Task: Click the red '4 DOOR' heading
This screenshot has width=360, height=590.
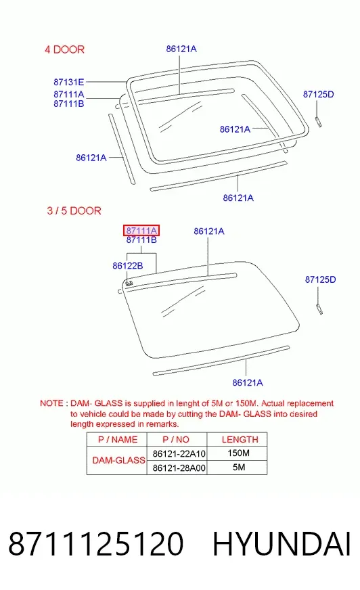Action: [x=64, y=49]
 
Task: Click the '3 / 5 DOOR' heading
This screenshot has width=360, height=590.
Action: [x=74, y=210]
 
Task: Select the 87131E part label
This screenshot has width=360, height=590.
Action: [x=69, y=82]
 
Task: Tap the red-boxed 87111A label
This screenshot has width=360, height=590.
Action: [x=141, y=231]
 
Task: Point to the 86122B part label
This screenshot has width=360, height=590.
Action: [x=127, y=266]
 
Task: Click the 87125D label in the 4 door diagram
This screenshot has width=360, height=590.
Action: [x=318, y=94]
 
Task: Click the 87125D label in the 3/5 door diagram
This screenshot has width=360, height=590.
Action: [x=321, y=279]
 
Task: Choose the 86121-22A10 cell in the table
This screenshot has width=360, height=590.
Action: [x=179, y=454]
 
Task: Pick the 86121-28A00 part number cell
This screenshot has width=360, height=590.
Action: [x=179, y=468]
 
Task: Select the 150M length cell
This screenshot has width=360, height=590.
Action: [x=238, y=453]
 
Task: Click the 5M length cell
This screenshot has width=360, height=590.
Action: [x=239, y=468]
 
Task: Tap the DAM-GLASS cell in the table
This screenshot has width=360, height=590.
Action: [x=119, y=460]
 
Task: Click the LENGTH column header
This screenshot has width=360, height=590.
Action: [x=240, y=440]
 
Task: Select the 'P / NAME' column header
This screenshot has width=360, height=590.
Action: [x=118, y=440]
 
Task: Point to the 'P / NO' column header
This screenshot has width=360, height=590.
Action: [x=176, y=440]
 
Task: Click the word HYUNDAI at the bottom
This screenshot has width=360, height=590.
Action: [x=282, y=544]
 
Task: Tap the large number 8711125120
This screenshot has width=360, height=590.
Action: [x=96, y=544]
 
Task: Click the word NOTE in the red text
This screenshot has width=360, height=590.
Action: [x=52, y=403]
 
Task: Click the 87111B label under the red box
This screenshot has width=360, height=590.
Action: [x=141, y=240]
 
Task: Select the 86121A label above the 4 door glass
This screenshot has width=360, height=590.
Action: [x=181, y=49]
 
